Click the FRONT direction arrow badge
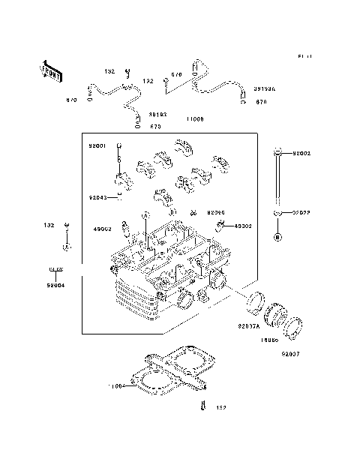pos(50,71)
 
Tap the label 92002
pos(300,153)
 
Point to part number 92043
pos(98,198)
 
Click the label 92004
pos(55,285)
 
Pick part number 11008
pos(194,119)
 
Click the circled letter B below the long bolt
pos(277,237)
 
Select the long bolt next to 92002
pos(277,180)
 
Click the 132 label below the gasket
pos(220,409)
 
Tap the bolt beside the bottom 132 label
pos(202,407)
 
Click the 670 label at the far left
pos(72,100)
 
